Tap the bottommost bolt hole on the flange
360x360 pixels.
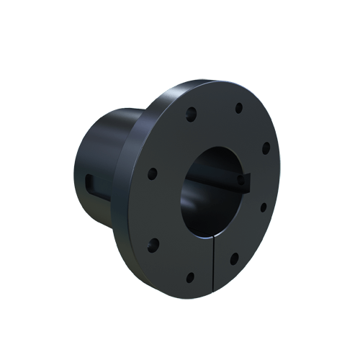click(x=190, y=276)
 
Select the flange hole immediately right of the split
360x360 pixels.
click(x=235, y=257)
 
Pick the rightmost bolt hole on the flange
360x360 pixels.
click(x=266, y=148)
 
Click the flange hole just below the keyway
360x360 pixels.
click(x=263, y=207)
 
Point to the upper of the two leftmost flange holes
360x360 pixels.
click(x=152, y=173)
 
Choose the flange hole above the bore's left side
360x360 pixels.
click(x=192, y=113)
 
